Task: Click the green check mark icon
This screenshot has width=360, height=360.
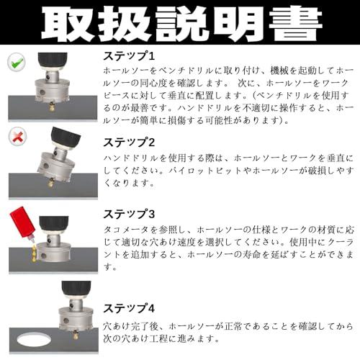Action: point(17,62)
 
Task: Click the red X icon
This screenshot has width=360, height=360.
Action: point(17,137)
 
